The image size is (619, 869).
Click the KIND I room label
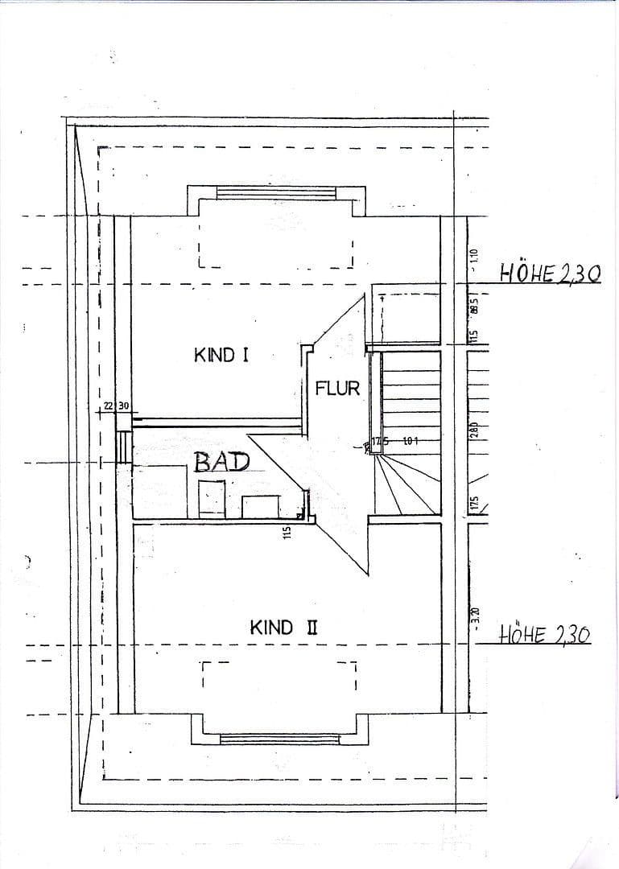coord(221,355)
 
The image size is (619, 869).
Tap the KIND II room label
coord(283,628)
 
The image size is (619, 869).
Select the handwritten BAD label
coord(222,462)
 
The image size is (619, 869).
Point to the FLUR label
coord(337,389)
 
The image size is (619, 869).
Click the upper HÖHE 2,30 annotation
coord(550,274)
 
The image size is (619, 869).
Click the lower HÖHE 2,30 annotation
coord(544,635)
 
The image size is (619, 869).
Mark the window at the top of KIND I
coord(277,193)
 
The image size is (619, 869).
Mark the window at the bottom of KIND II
coord(279,738)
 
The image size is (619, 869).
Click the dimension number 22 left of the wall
coord(109,406)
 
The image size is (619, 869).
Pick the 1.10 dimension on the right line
coord(474,257)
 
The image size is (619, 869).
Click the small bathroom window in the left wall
coord(123,447)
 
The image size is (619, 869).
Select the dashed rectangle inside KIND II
coord(279,676)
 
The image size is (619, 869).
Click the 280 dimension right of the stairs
coord(474,430)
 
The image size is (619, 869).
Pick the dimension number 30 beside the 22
coord(124,406)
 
